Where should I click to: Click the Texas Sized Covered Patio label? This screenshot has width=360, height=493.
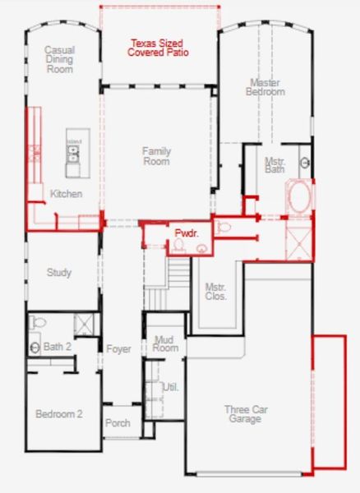click(158, 48)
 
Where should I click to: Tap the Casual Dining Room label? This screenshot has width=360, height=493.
click(60, 59)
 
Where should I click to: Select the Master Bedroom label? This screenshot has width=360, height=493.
click(265, 87)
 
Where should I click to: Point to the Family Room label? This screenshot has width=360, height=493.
click(156, 156)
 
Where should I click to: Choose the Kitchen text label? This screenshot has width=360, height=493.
click(66, 194)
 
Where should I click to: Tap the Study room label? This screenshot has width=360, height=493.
click(59, 272)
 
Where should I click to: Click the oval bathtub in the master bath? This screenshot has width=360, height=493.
click(298, 198)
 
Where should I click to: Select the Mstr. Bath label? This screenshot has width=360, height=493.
click(275, 165)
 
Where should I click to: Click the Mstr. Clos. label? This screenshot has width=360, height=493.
click(215, 292)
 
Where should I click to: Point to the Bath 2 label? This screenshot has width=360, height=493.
click(58, 347)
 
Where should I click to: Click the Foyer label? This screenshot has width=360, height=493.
click(118, 349)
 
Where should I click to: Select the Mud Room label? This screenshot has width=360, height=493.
click(166, 343)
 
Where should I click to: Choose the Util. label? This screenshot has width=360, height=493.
click(171, 387)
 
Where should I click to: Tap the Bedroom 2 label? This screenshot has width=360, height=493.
click(58, 414)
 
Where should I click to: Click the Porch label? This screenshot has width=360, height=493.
click(118, 423)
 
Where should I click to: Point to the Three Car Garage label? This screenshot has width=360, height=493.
click(245, 414)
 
